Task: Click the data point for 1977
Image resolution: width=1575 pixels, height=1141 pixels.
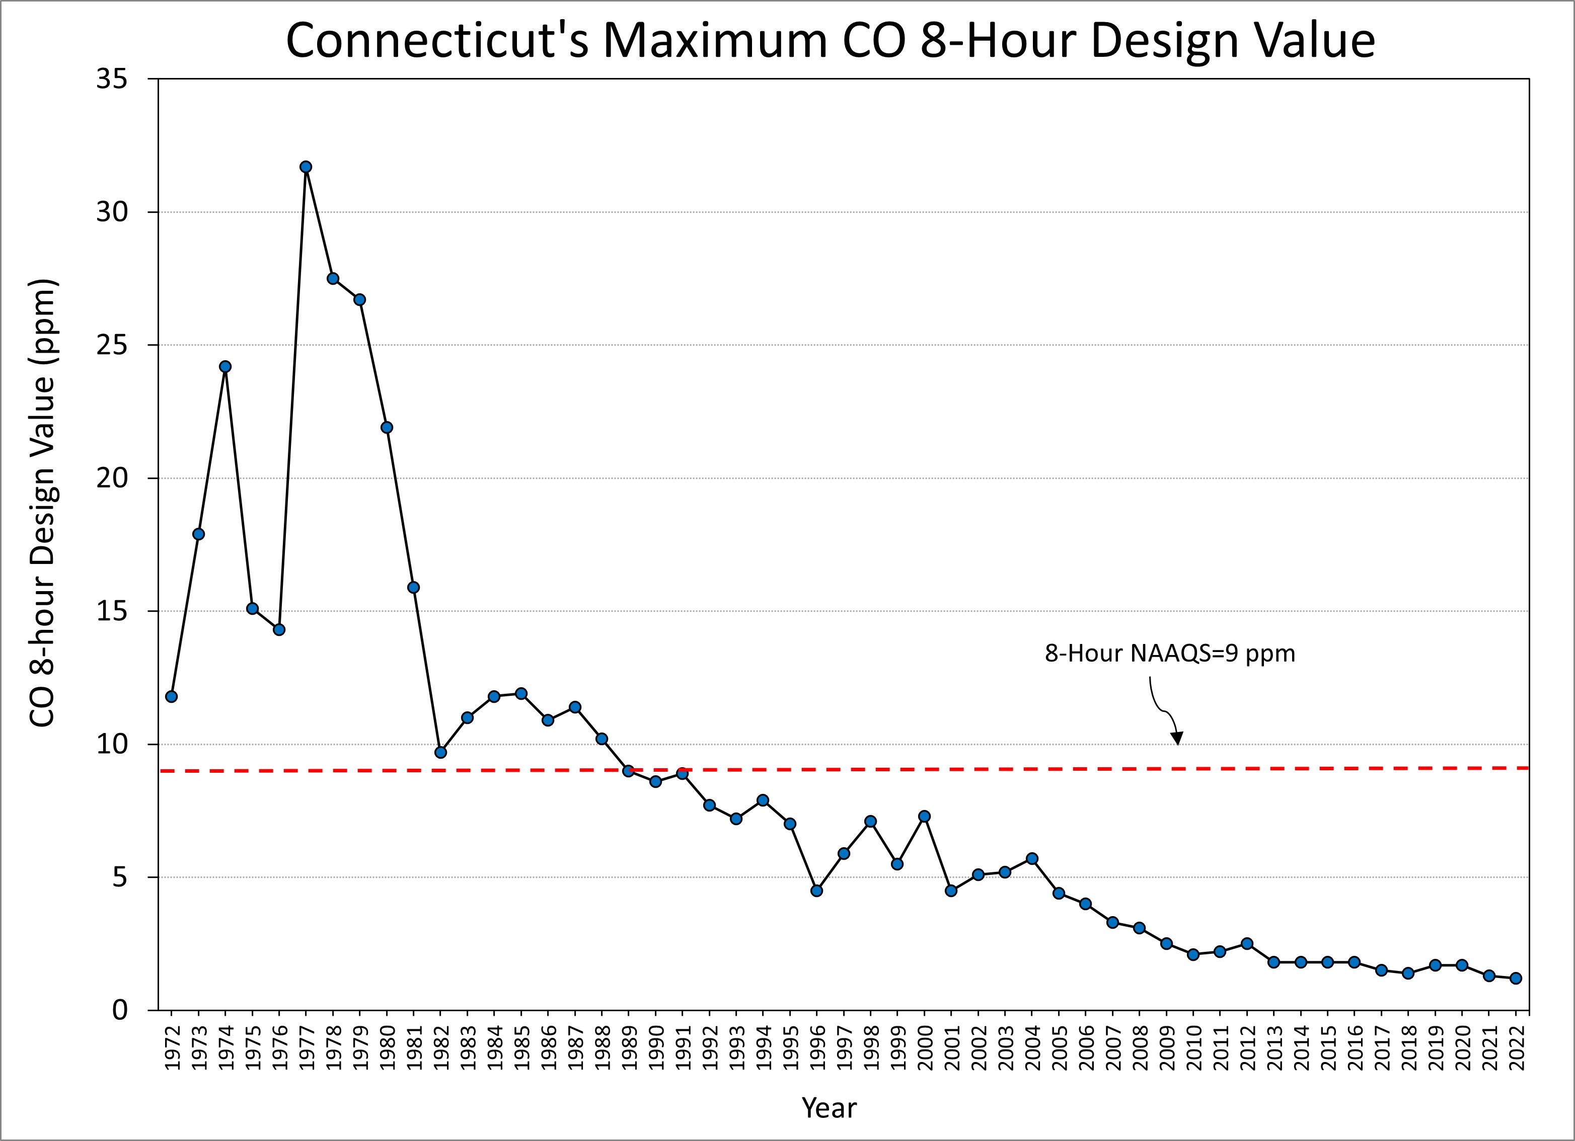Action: [306, 167]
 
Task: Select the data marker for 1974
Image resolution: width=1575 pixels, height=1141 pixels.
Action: [225, 366]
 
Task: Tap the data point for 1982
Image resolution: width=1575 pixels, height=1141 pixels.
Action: [440, 752]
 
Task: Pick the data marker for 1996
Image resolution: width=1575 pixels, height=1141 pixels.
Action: [816, 890]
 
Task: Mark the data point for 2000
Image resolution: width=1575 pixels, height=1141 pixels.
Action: [924, 816]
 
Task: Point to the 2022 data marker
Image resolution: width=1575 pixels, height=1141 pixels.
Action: [1516, 978]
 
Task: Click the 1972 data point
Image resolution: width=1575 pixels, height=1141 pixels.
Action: [172, 696]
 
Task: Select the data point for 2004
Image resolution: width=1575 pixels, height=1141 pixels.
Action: [1032, 859]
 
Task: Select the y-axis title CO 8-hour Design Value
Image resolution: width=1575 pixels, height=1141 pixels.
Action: [43, 503]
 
